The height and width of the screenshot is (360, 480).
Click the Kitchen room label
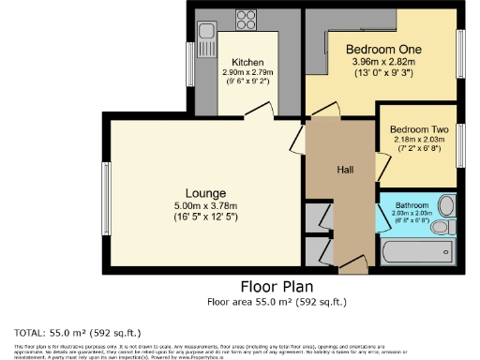pyautogui.click(x=247, y=63)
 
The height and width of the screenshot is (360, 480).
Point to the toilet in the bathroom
pyautogui.click(x=446, y=207)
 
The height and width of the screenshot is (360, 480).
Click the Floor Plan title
pyautogui.click(x=277, y=286)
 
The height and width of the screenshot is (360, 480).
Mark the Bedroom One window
pyautogui.click(x=460, y=57)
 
